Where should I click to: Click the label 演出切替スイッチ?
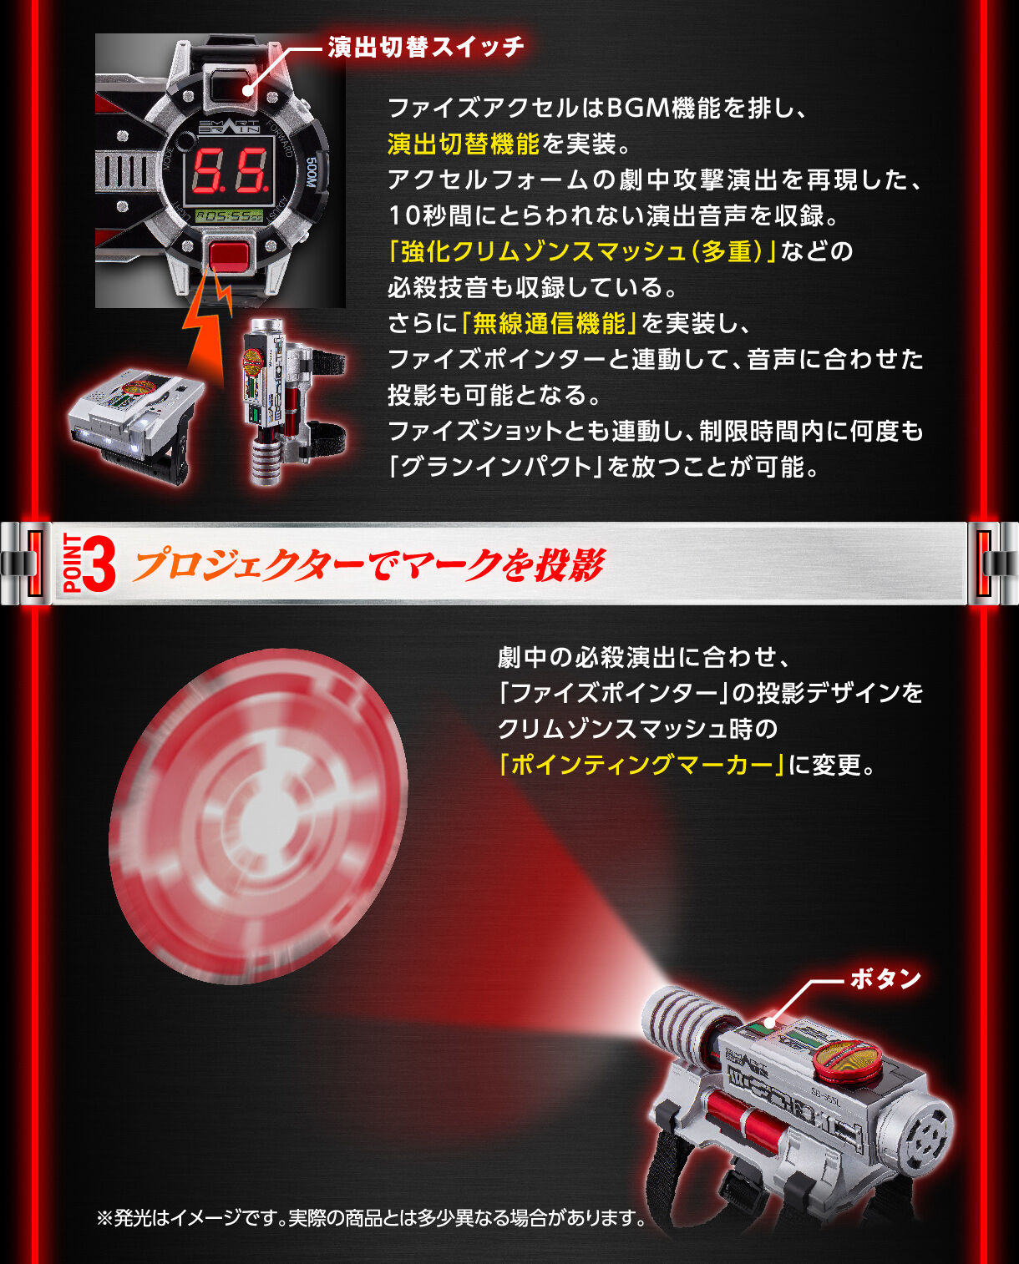pyautogui.click(x=426, y=47)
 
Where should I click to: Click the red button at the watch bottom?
pyautogui.click(x=230, y=255)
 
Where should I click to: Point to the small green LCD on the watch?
pyautogui.click(x=228, y=216)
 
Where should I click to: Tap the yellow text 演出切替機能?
pyautogui.click(x=464, y=144)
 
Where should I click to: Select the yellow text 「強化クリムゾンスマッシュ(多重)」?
pyautogui.click(x=583, y=251)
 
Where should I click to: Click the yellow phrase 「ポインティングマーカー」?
pyautogui.click(x=641, y=764)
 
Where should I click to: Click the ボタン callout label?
pyautogui.click(x=885, y=978)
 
